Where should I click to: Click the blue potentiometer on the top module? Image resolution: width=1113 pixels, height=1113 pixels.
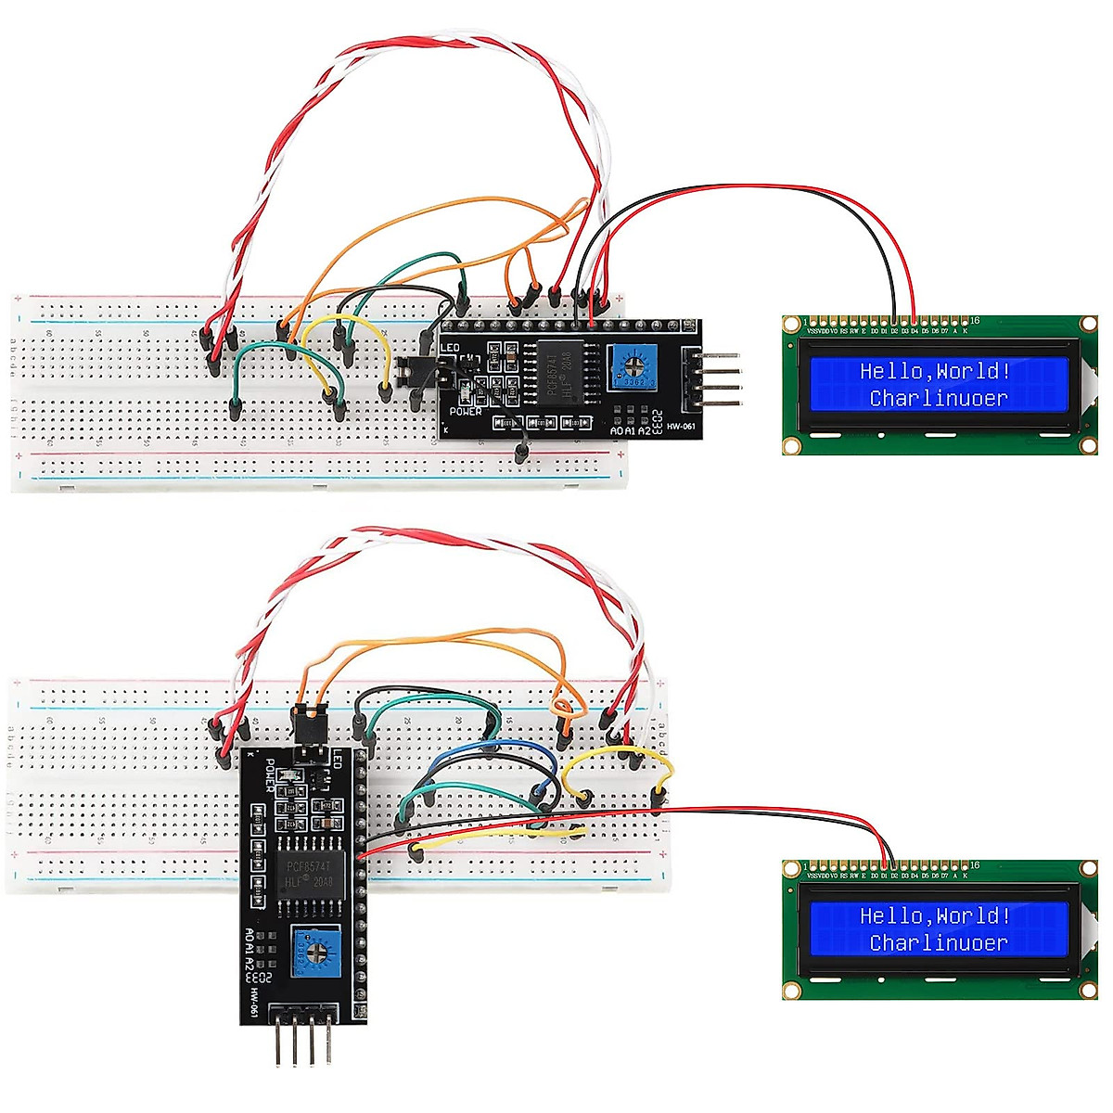[633, 369]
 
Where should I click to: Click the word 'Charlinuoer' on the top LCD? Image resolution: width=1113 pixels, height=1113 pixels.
[938, 398]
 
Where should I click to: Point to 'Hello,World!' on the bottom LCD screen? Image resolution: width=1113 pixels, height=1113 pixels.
[934, 916]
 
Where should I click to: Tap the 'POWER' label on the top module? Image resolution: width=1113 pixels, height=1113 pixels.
[466, 411]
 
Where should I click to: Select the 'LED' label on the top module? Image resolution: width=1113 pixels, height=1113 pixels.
[450, 348]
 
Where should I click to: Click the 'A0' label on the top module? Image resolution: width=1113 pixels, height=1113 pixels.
[618, 430]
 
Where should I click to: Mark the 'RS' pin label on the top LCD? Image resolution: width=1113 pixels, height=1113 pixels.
[843, 330]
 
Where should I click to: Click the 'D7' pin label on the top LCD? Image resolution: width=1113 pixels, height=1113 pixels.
[944, 330]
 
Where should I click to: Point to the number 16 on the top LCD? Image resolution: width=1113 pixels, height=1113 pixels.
[974, 321]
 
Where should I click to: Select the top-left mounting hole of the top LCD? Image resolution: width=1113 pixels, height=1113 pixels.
[791, 325]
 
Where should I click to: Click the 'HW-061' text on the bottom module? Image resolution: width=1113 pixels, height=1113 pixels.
[252, 999]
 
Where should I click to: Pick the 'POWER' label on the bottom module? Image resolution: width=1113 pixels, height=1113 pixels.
[271, 774]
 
